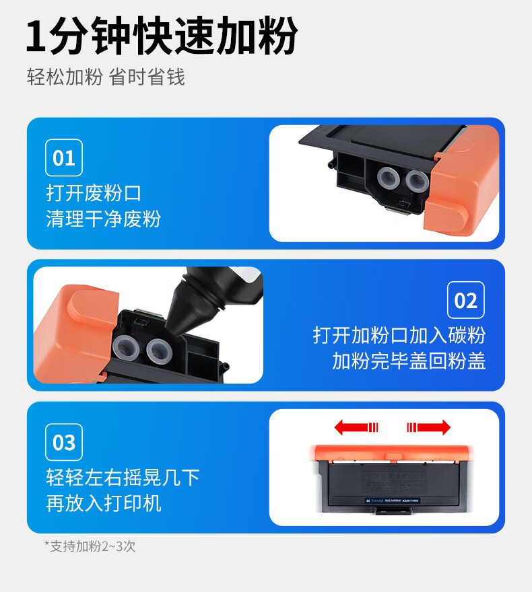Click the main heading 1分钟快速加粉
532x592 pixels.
pos(162,36)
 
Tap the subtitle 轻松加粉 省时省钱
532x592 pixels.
pos(106,77)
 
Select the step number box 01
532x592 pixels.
pos(64,157)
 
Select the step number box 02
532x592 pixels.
pos(465,300)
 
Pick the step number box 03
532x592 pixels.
pos(64,442)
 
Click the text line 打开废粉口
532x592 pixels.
pos(94,193)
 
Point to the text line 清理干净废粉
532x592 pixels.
pos(104,219)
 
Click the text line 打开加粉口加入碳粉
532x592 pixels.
pos(399,335)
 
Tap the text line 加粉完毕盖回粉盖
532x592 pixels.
pos(409,361)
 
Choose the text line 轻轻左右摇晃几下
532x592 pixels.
pos(123,478)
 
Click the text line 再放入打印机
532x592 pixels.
pos(104,503)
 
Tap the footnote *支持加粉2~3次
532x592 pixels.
pos(90,546)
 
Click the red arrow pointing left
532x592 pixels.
pos(356,427)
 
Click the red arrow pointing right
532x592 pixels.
pos(428,427)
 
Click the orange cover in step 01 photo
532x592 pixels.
pos(463,180)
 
